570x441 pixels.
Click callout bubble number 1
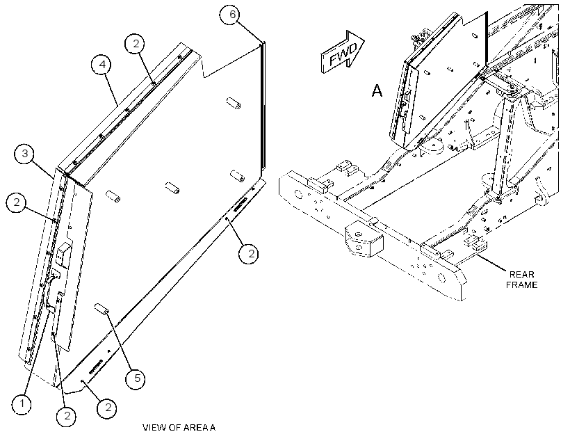point(22,404)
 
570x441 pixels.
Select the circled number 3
point(25,154)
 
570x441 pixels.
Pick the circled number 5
point(136,378)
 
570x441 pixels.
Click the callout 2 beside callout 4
point(136,44)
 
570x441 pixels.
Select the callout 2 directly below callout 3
point(17,202)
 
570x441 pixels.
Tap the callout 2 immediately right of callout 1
point(67,415)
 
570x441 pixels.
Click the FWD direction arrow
point(342,53)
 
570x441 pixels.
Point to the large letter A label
point(377,90)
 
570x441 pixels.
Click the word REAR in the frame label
point(521,274)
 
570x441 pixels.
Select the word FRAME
point(521,285)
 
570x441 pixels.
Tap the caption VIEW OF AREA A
point(179,428)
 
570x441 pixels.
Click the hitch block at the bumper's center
point(364,240)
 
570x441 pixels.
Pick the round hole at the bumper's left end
point(298,194)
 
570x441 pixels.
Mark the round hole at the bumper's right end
point(441,278)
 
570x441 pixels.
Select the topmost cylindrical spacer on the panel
point(234,103)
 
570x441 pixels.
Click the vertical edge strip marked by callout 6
point(263,106)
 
